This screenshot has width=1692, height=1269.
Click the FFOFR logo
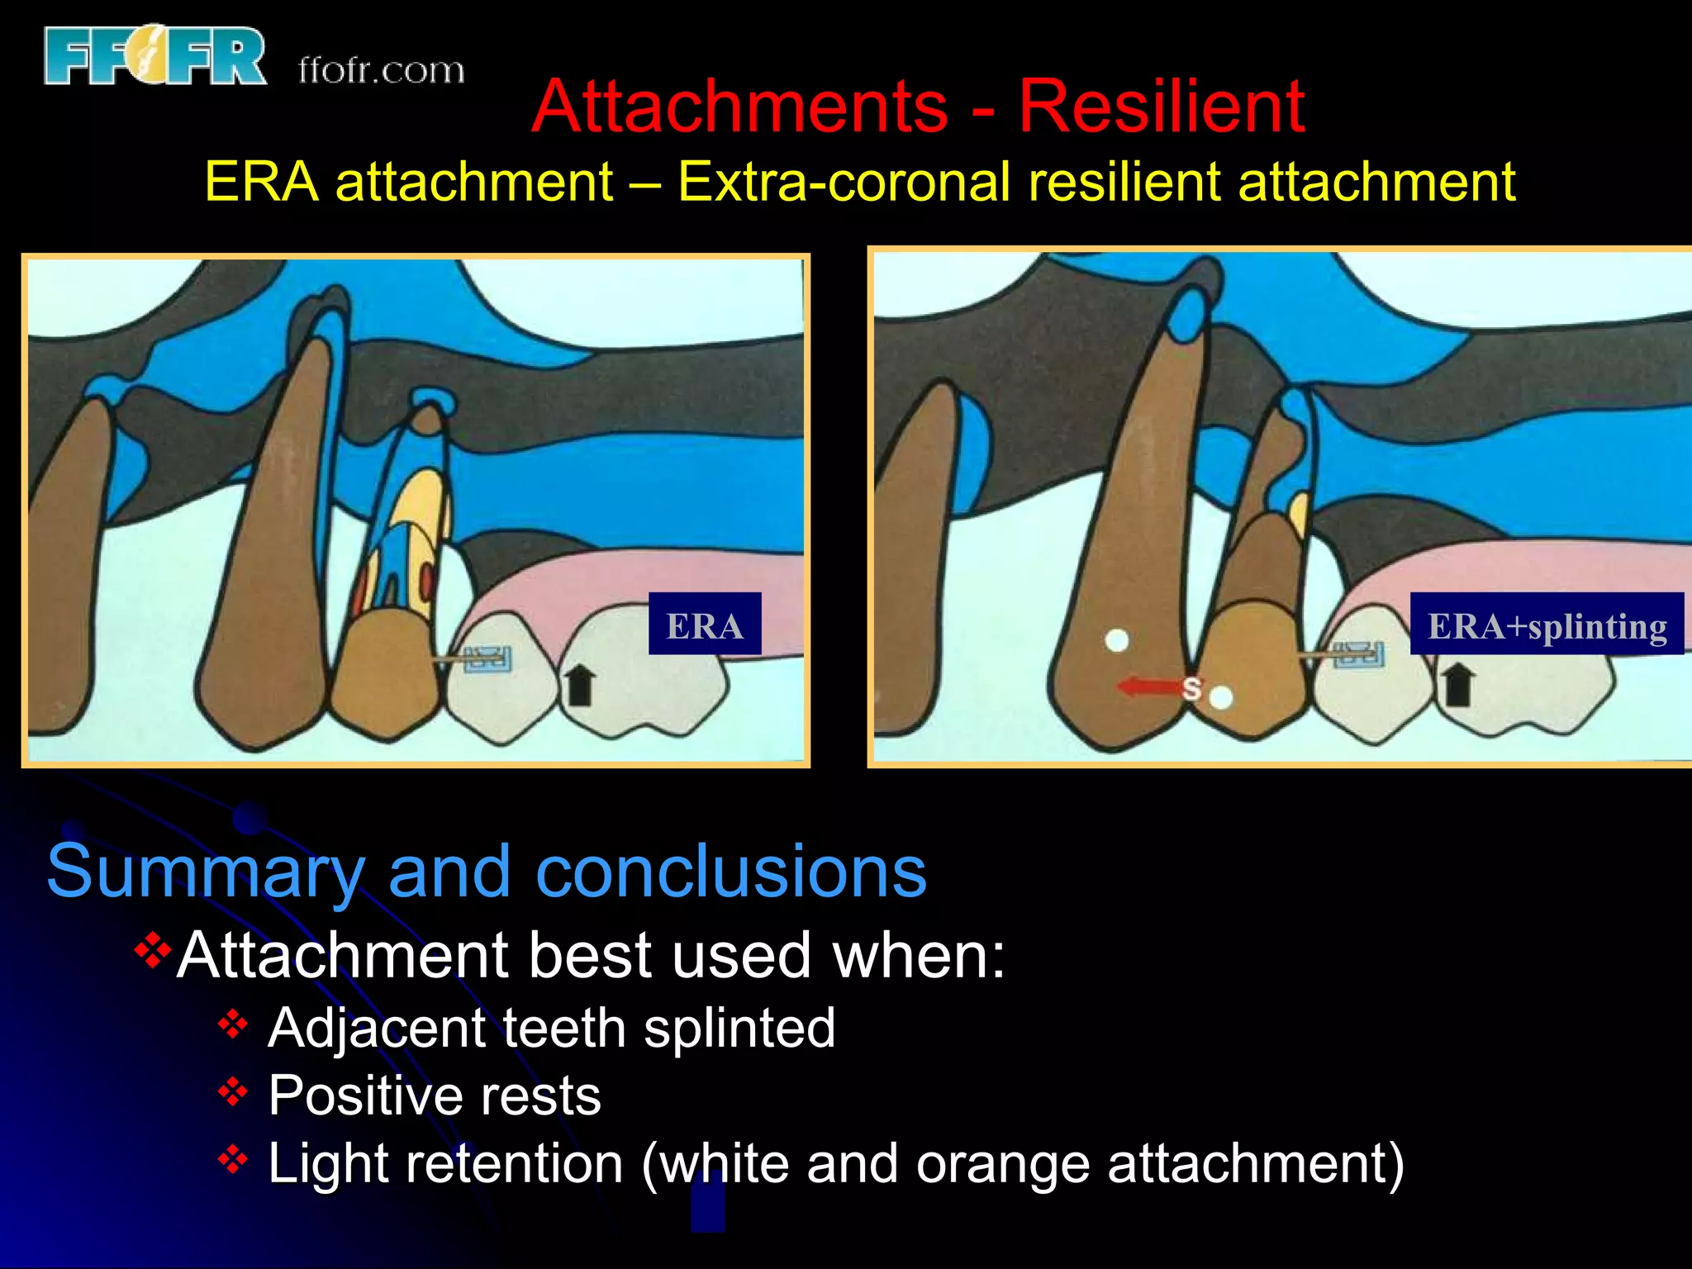coord(154,55)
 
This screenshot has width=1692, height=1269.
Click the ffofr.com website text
coord(381,70)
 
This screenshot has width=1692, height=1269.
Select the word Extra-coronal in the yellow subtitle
coord(843,182)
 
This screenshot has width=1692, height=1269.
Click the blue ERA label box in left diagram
coord(705,625)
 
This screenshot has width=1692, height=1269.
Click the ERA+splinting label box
coord(1547,625)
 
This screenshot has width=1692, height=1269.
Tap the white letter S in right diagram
coord(1191,687)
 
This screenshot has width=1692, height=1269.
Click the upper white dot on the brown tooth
coord(1117,640)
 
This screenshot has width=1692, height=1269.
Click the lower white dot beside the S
coord(1221,698)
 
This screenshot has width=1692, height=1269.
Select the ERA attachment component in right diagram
coord(1360,654)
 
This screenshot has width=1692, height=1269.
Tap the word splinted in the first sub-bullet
coord(739,1029)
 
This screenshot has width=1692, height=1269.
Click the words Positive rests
coord(435,1096)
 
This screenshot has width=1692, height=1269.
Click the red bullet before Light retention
coord(233,1159)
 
